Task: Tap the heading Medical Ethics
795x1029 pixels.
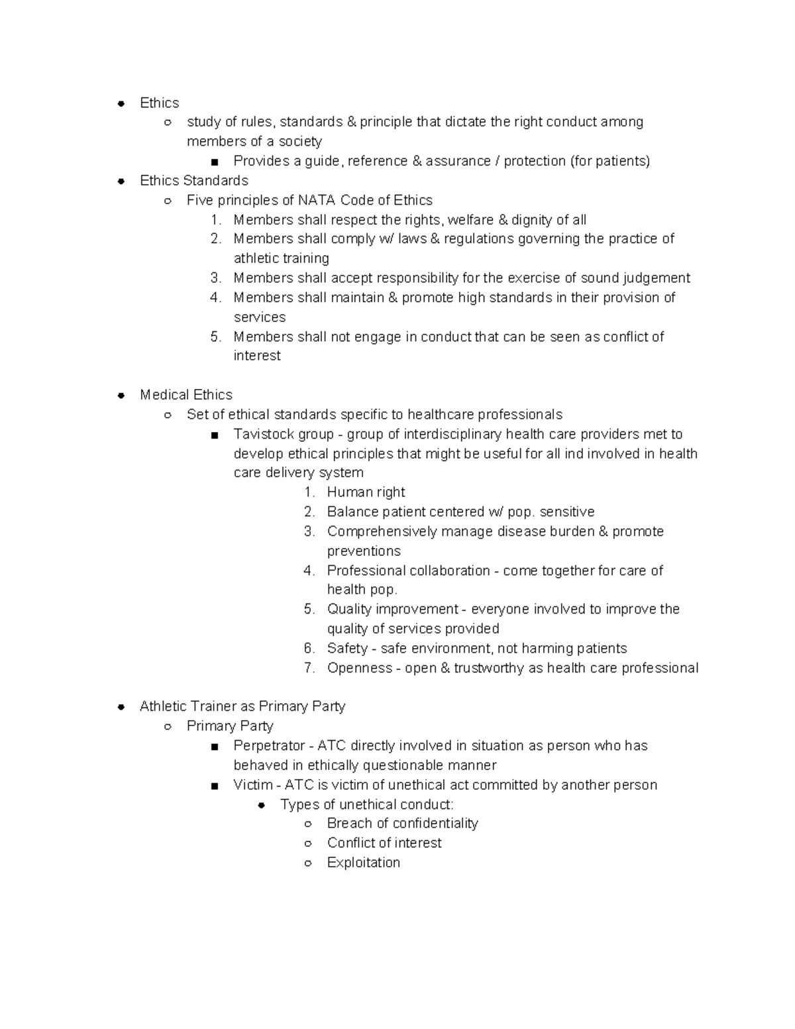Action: click(186, 395)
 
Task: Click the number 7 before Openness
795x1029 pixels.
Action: click(309, 668)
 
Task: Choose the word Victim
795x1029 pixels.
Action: click(252, 785)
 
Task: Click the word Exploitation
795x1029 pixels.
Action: click(363, 863)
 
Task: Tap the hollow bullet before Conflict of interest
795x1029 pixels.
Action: click(307, 843)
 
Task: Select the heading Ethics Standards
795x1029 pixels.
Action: click(193, 180)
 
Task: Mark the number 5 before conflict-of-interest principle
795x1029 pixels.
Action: click(215, 337)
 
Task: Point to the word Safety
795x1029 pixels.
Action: click(347, 648)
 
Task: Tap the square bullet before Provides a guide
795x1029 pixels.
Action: click(214, 162)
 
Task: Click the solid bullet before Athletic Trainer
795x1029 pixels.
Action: click(121, 707)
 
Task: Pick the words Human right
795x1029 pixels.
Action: click(366, 492)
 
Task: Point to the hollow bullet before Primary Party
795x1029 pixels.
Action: click(168, 727)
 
